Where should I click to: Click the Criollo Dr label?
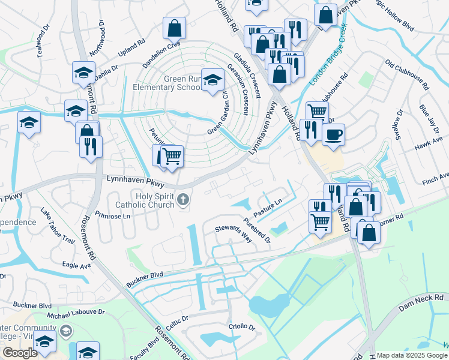point(242,327)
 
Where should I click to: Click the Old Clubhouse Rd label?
point(408,74)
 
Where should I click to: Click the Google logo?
point(20,353)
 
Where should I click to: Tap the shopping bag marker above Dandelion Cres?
point(174,28)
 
